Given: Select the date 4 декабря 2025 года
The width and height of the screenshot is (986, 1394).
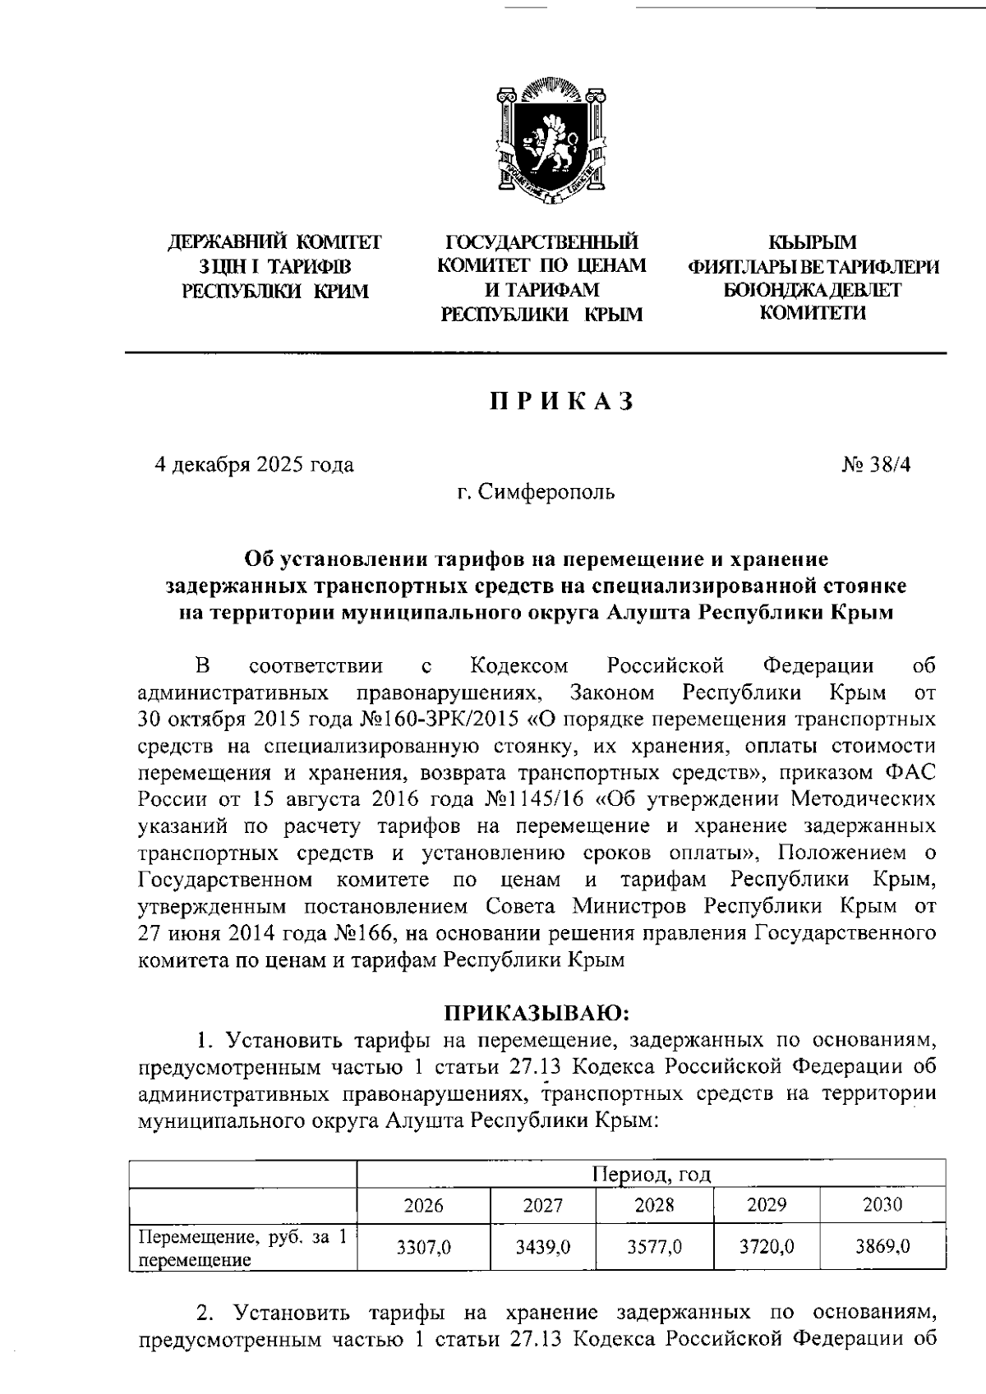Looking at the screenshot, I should [x=255, y=465].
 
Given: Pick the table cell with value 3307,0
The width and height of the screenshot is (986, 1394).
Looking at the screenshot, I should [x=424, y=1247].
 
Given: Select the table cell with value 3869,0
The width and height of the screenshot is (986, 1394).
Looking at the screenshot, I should [x=882, y=1247].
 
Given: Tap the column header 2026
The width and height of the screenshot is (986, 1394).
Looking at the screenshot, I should [x=424, y=1205].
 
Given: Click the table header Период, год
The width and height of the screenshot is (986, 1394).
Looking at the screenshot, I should [x=652, y=1175].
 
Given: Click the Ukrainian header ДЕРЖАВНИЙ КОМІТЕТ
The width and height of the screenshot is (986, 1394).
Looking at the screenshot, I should [x=274, y=243].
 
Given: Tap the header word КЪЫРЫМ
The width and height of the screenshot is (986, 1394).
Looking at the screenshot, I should [x=812, y=243].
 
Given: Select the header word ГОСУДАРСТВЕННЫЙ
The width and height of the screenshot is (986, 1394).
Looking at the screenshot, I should [x=541, y=243].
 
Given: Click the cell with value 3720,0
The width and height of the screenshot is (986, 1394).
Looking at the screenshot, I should [x=767, y=1247].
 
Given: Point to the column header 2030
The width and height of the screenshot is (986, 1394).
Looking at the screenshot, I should [x=882, y=1205].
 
